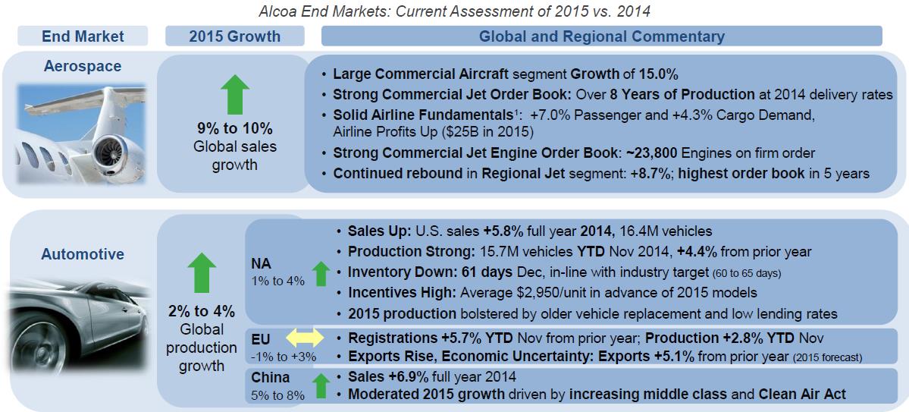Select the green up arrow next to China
(x=320, y=385)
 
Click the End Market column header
(x=83, y=36)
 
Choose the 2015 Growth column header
(x=234, y=36)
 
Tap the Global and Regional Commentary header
(x=602, y=36)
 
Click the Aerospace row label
(x=83, y=66)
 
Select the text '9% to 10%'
(x=234, y=128)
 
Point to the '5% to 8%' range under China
(x=278, y=395)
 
